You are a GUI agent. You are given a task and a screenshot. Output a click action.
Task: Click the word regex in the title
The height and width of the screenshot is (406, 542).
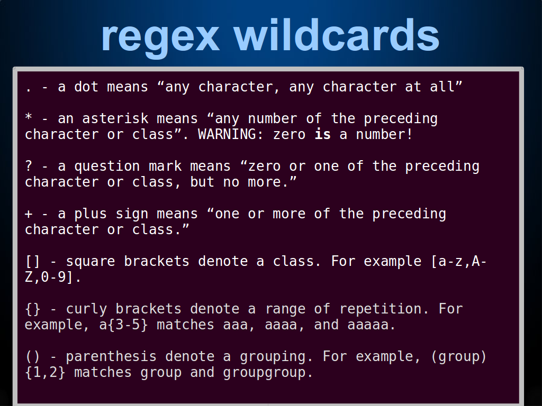click(160, 38)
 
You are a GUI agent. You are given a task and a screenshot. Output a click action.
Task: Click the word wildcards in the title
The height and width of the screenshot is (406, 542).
click(337, 34)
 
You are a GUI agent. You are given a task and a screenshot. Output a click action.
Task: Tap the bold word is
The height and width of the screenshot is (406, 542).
click(322, 134)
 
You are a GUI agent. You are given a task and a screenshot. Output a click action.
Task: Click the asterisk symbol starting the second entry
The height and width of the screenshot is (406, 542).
click(29, 117)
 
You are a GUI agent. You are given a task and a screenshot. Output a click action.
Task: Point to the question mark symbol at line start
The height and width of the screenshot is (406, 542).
click(29, 165)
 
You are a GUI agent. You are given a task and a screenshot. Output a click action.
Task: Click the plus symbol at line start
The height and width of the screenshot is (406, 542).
click(29, 214)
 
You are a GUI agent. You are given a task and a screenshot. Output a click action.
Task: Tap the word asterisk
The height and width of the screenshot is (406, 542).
click(115, 118)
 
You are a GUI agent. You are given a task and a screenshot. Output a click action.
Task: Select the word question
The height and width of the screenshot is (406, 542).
click(107, 167)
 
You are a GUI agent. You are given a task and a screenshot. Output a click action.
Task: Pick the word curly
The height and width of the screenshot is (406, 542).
click(86, 309)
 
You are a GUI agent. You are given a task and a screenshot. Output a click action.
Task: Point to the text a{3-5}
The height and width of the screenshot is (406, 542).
click(123, 325)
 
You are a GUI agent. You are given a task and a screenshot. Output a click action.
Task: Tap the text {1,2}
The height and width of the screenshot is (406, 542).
click(45, 373)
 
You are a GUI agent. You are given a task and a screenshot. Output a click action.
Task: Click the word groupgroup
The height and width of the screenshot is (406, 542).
click(267, 373)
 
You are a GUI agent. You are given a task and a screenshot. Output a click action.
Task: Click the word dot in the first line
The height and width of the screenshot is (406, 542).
click(86, 86)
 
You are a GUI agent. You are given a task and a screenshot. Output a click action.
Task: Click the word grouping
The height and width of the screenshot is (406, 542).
click(276, 357)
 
